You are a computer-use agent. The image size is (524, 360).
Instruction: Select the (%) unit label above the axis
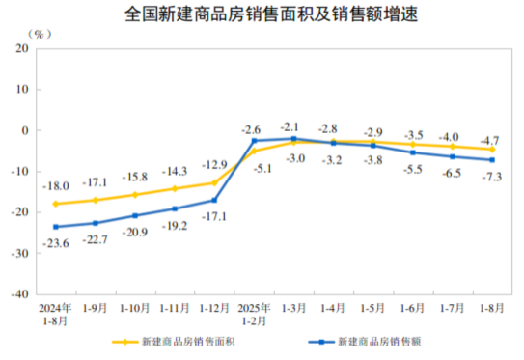[40, 33]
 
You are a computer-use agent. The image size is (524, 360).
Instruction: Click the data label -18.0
[54, 186]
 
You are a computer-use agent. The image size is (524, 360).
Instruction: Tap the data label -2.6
[252, 129]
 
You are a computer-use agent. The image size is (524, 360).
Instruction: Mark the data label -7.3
[492, 176]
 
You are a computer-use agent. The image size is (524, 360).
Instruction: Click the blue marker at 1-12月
[214, 200]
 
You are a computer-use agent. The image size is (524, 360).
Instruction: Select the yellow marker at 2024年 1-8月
[55, 204]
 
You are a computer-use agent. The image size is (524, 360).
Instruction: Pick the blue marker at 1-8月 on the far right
[492, 160]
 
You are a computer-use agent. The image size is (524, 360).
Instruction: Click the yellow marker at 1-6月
[412, 145]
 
